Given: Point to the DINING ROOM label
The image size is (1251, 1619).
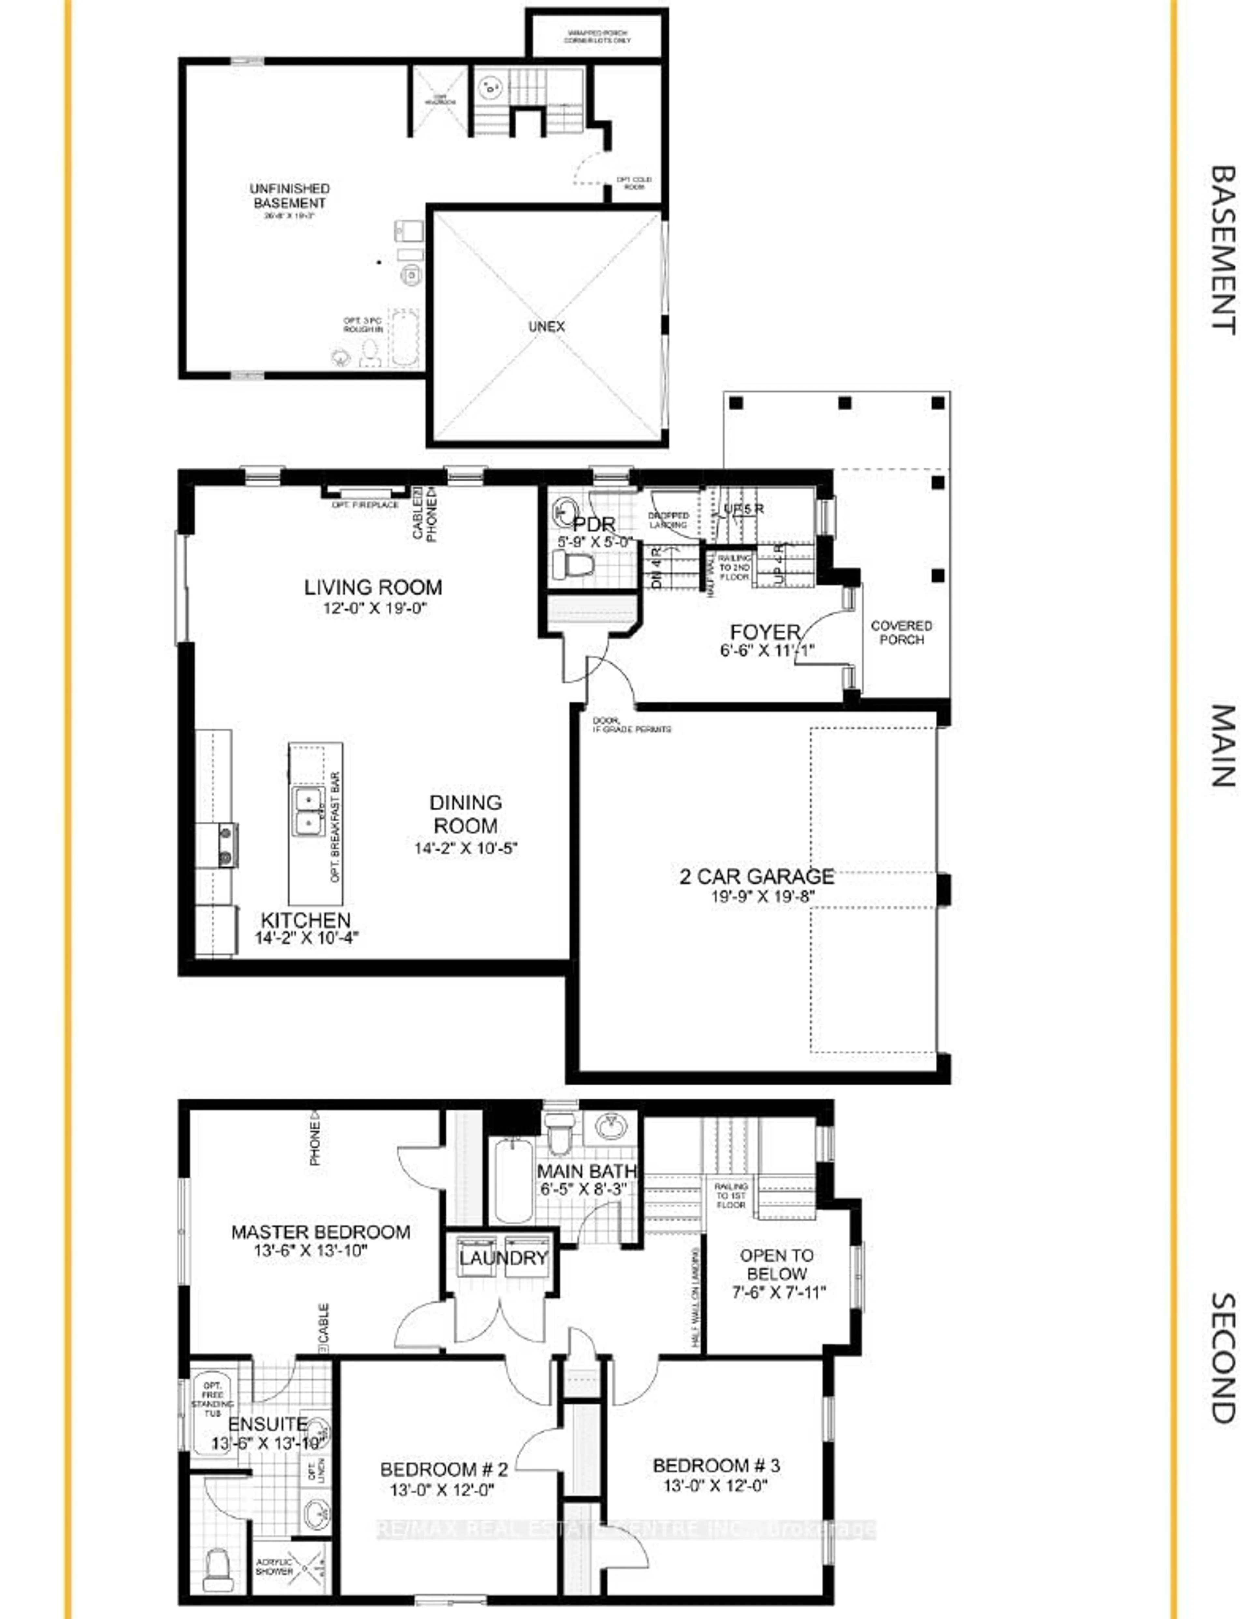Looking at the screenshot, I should [x=466, y=814].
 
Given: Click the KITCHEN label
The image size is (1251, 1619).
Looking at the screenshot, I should [x=306, y=920].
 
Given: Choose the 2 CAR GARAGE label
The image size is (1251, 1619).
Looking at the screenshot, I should [x=756, y=876].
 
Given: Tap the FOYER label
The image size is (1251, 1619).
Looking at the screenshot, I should [x=765, y=632].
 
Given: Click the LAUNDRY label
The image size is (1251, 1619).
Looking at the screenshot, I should [x=503, y=1257].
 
